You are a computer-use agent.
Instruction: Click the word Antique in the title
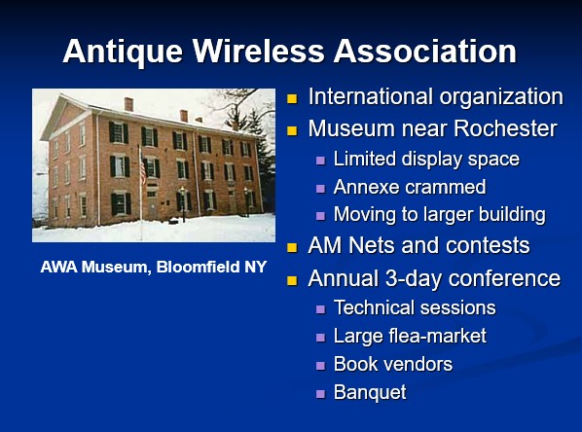[x=123, y=53]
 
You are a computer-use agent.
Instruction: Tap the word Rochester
[x=505, y=128]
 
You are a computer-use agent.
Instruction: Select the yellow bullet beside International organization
[x=292, y=98]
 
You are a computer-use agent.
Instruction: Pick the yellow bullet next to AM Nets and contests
[x=292, y=247]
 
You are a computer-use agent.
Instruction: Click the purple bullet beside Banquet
[x=320, y=393]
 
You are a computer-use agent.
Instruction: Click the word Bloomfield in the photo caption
[x=199, y=267]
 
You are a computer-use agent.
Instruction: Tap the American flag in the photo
[x=142, y=168]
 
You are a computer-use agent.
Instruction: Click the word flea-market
[x=437, y=336]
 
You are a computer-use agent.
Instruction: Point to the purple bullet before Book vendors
[x=320, y=366]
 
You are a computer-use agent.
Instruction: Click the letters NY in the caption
[x=255, y=267]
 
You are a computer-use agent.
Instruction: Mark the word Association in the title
[x=425, y=51]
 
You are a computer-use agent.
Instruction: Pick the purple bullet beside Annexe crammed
[x=320, y=189]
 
